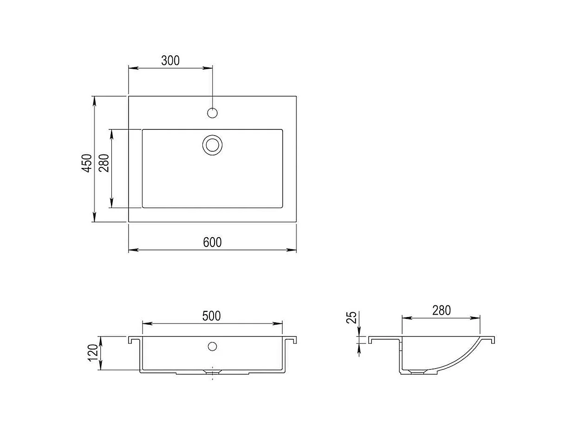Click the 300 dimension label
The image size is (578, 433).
pyautogui.click(x=170, y=60)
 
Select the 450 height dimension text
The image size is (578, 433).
pyautogui.click(x=87, y=163)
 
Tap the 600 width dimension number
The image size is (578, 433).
pyautogui.click(x=212, y=242)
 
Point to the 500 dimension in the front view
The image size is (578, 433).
pyautogui.click(x=212, y=316)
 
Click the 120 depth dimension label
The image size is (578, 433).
pyautogui.click(x=93, y=353)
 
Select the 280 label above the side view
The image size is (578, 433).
pyautogui.click(x=441, y=310)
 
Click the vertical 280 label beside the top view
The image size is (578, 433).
pyautogui.click(x=104, y=163)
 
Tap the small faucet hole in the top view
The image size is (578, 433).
pyautogui.click(x=212, y=112)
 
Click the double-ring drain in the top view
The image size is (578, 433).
pyautogui.click(x=212, y=145)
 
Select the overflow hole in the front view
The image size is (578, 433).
pyautogui.click(x=212, y=346)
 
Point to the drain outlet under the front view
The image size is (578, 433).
pyautogui.click(x=212, y=372)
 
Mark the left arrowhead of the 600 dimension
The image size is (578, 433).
pyautogui.click(x=132, y=250)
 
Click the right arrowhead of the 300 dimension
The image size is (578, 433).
pyautogui.click(x=208, y=68)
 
